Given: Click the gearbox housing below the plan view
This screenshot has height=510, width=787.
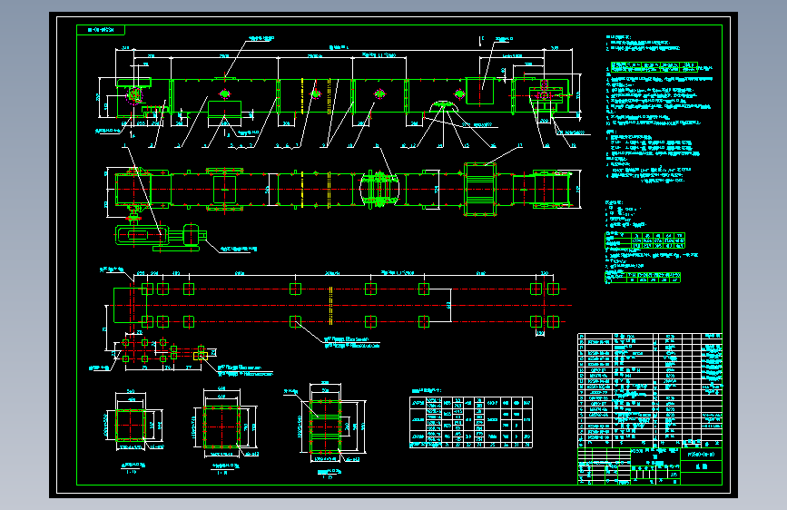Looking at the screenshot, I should point(145,236).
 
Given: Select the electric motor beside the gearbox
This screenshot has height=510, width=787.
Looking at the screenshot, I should point(190,236).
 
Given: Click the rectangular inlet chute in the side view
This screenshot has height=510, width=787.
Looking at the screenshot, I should point(479,90).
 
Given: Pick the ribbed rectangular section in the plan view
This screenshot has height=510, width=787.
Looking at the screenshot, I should point(479,190).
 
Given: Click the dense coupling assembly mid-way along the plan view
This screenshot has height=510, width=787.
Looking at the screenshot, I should point(381,190).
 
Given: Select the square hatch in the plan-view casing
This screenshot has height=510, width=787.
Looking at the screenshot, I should point(224,190).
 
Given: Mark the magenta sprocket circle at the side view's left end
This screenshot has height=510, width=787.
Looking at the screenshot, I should point(134,94).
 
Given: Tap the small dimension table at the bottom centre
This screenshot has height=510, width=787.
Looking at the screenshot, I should point(472,420).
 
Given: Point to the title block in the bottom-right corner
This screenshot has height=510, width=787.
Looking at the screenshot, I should point(649,464).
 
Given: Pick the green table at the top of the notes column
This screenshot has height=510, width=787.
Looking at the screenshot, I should point(654,66).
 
